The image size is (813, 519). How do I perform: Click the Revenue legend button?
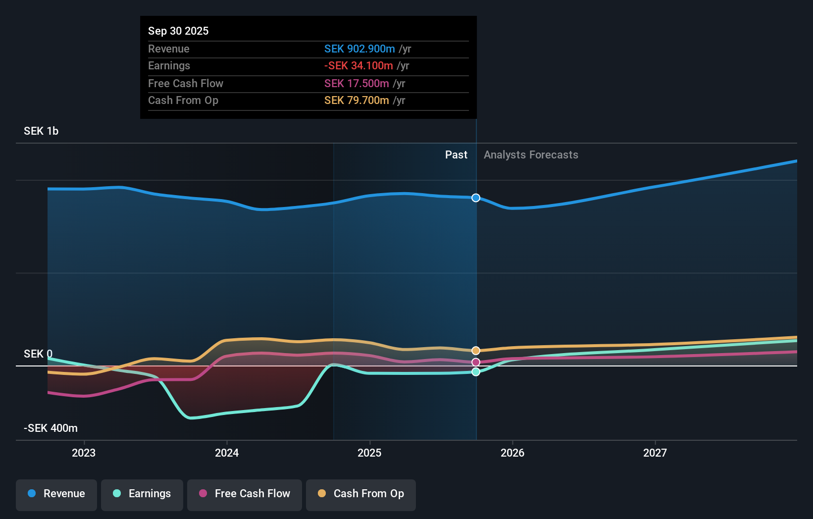56,494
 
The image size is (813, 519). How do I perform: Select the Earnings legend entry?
142,494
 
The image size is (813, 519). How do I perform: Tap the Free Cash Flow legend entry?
245,494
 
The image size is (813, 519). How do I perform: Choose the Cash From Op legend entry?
361,494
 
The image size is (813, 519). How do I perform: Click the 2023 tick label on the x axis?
84,453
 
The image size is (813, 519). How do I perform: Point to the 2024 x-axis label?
227,453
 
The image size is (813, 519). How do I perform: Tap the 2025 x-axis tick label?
369,453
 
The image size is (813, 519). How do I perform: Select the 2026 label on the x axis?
512,453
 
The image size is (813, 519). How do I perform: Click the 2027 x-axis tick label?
655,453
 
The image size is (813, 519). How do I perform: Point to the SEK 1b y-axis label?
41,131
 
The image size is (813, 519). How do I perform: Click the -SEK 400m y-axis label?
51,428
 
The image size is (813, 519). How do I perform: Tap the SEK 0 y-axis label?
38,354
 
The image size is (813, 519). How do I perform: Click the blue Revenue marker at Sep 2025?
476,198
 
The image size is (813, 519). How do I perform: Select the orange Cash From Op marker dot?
476,351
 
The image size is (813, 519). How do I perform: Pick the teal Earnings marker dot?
476,372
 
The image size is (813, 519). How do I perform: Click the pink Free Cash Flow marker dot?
476,363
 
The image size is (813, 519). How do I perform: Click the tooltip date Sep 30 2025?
178,31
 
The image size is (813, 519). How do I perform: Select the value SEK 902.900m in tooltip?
359,49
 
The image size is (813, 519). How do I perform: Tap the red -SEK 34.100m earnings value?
358,66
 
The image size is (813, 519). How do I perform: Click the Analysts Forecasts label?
531,155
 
